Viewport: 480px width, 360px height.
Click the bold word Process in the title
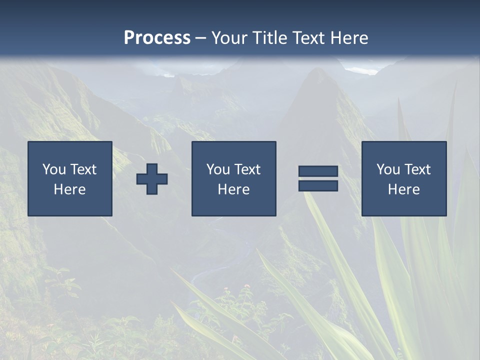[x=157, y=38]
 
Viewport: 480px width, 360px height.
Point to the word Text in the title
[x=309, y=38]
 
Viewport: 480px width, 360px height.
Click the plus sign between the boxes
[x=152, y=179]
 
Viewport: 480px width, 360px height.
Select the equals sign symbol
[x=318, y=178]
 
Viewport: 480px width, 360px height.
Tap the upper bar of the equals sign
[x=318, y=171]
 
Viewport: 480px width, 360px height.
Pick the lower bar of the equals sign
[x=318, y=185]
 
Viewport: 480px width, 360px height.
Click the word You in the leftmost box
[x=54, y=169]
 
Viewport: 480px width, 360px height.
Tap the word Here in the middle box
[x=233, y=189]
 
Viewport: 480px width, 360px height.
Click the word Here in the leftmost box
[x=70, y=189]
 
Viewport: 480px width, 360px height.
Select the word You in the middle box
[x=218, y=169]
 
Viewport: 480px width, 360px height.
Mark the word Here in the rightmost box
[x=404, y=189]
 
